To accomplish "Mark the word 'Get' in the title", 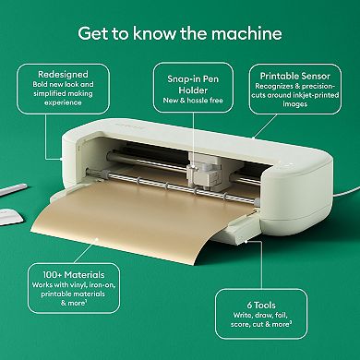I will pos(93,35).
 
